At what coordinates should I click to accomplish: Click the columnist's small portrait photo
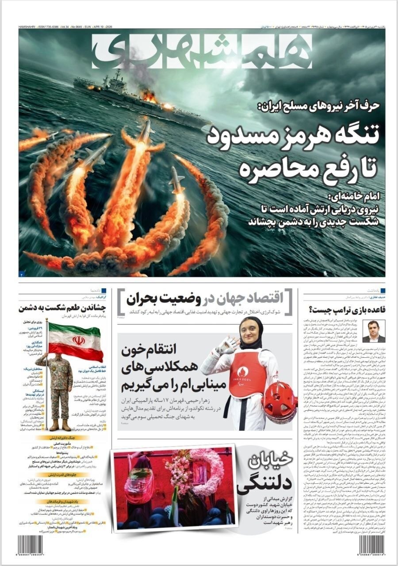pos(374,332)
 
